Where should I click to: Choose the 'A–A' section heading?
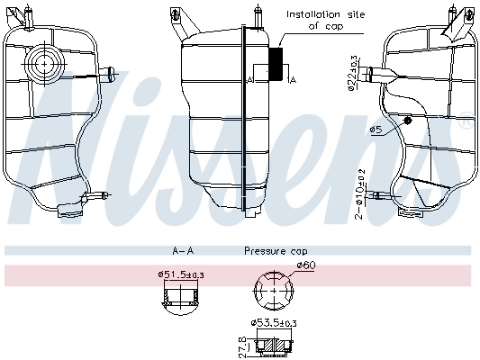[184, 251]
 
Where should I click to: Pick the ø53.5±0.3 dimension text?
[274, 322]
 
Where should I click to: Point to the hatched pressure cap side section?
[274, 344]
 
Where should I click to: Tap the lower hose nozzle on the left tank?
[98, 194]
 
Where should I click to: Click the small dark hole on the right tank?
[407, 120]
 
